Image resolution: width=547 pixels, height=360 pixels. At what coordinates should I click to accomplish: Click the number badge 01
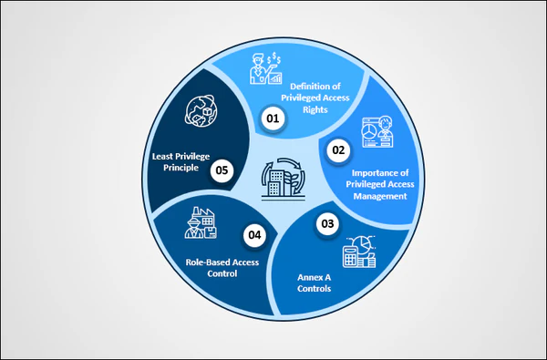tap(272, 118)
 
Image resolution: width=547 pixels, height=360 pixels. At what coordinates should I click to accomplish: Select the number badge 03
tap(327, 222)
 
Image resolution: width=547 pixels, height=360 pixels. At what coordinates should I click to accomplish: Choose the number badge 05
tap(221, 170)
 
